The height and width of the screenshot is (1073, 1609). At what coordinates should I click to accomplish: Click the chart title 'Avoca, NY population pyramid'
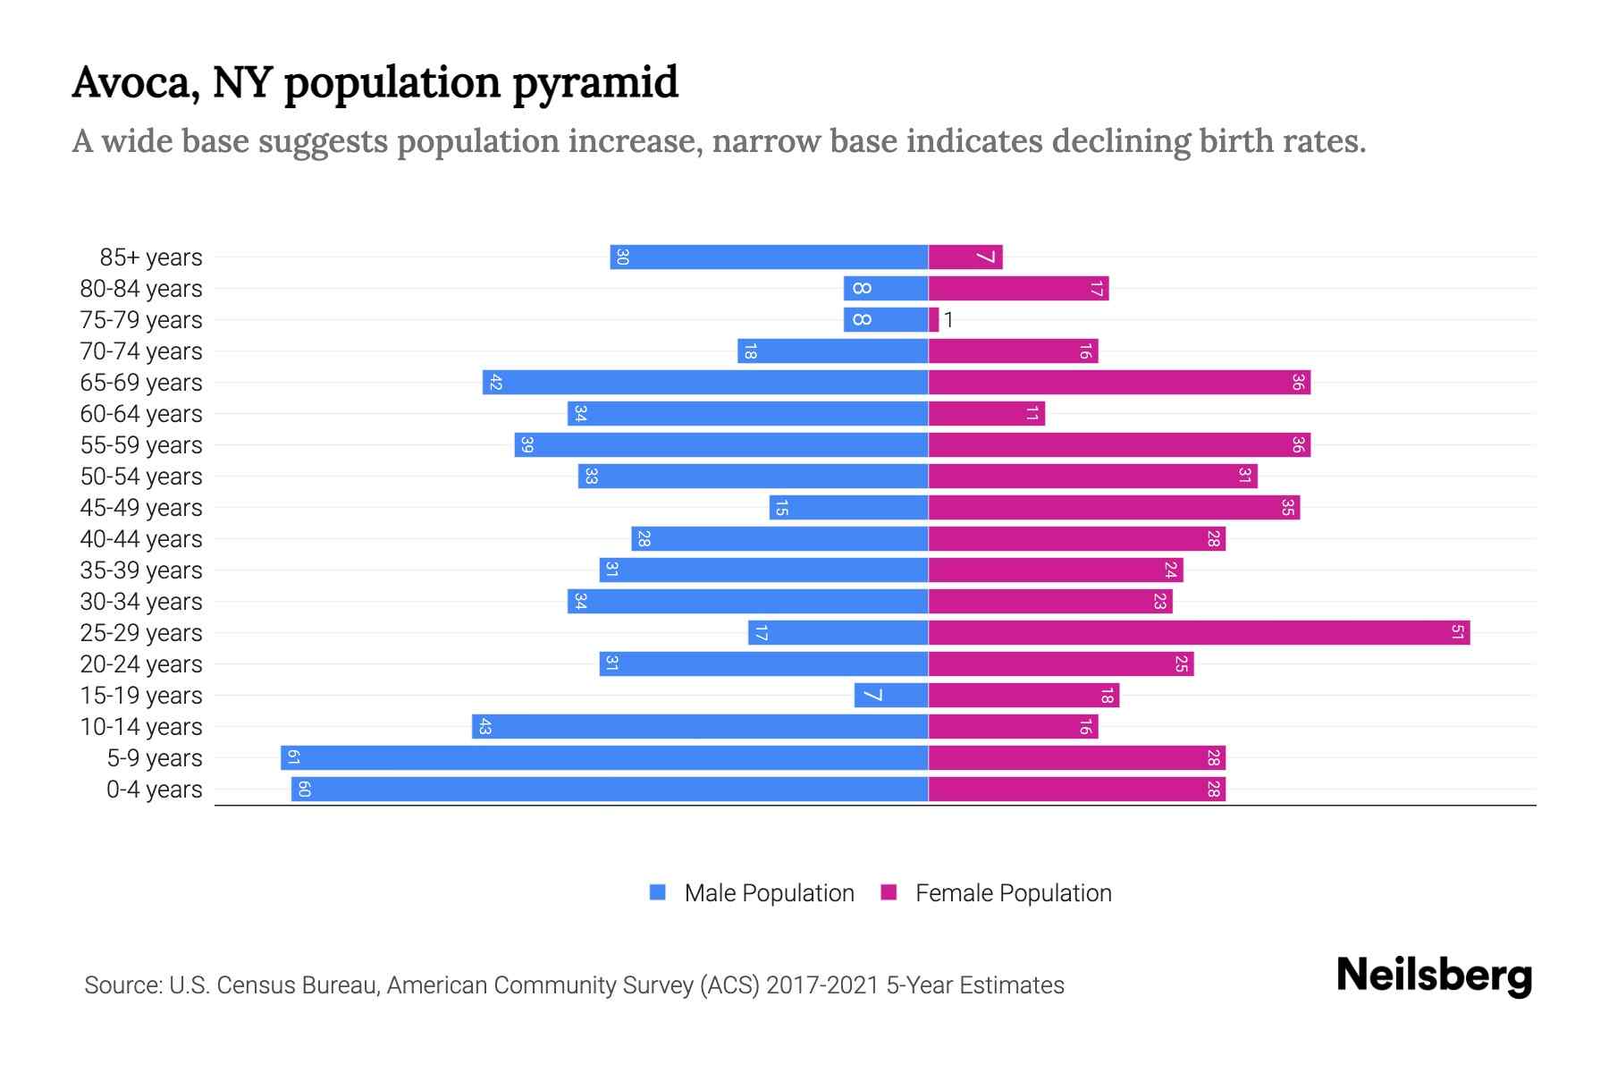pyautogui.click(x=375, y=83)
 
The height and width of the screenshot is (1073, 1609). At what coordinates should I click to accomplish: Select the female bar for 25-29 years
pyautogui.click(x=1198, y=633)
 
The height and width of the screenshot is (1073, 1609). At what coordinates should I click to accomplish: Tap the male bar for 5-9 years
pyautogui.click(x=604, y=758)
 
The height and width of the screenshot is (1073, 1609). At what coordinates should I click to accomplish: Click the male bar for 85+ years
pyautogui.click(x=769, y=258)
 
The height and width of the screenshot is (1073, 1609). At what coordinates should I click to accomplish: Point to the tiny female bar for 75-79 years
pyautogui.click(x=934, y=320)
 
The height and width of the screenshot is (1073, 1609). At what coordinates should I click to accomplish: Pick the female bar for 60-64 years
pyautogui.click(x=986, y=414)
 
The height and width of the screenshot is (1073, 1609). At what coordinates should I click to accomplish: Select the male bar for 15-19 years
pyautogui.click(x=890, y=696)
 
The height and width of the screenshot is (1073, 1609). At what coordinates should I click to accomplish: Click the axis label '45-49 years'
pyautogui.click(x=141, y=508)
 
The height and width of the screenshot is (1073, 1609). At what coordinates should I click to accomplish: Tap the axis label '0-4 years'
pyautogui.click(x=154, y=790)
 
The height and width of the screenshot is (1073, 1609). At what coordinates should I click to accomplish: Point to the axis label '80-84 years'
pyautogui.click(x=141, y=289)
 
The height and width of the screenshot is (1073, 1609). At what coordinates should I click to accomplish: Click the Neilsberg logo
pyautogui.click(x=1434, y=976)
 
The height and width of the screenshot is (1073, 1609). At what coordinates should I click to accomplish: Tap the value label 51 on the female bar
pyautogui.click(x=1457, y=633)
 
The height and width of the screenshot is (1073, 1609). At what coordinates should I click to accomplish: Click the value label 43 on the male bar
pyautogui.click(x=484, y=727)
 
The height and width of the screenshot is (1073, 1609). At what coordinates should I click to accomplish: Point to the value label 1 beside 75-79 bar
pyautogui.click(x=948, y=320)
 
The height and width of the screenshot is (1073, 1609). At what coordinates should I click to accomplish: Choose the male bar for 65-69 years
pyautogui.click(x=705, y=383)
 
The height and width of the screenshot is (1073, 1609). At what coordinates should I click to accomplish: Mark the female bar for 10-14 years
pyautogui.click(x=1013, y=727)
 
